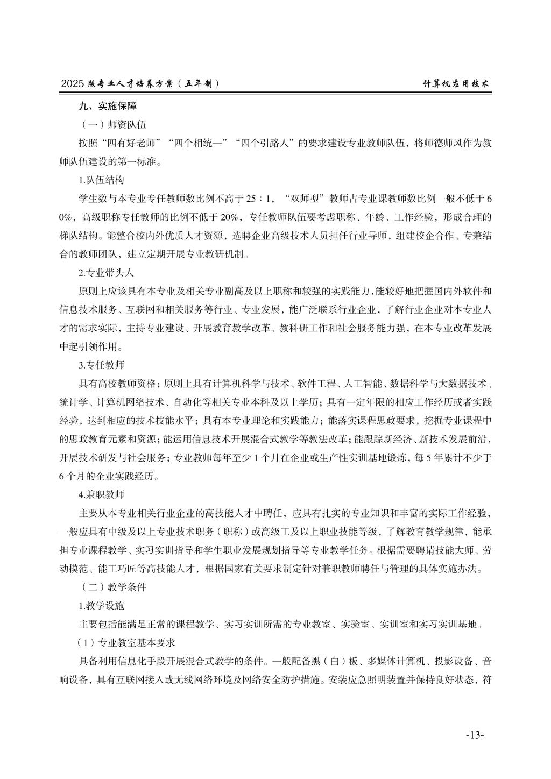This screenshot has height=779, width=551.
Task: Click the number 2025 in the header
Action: click(x=73, y=83)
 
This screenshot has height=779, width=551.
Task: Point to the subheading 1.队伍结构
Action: click(x=101, y=180)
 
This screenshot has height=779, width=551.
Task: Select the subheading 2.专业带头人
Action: click(x=106, y=273)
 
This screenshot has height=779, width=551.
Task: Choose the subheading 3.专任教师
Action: click(x=101, y=365)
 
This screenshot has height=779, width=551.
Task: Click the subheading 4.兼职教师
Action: click(x=101, y=494)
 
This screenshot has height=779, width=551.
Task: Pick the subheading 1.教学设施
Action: click(x=101, y=606)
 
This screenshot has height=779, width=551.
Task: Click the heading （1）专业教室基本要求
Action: click(x=127, y=643)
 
